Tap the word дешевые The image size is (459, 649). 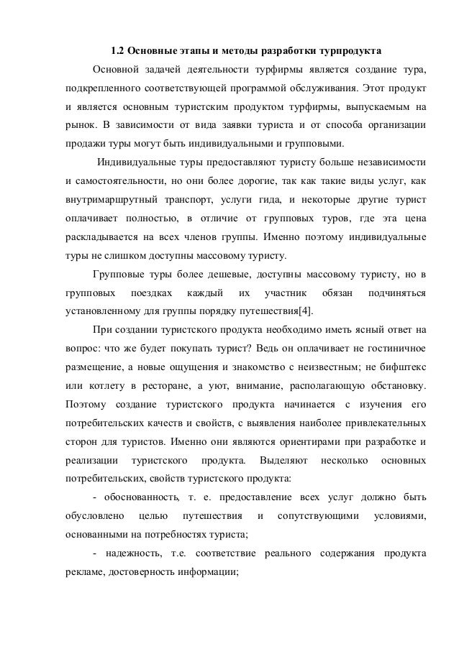click(229, 276)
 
